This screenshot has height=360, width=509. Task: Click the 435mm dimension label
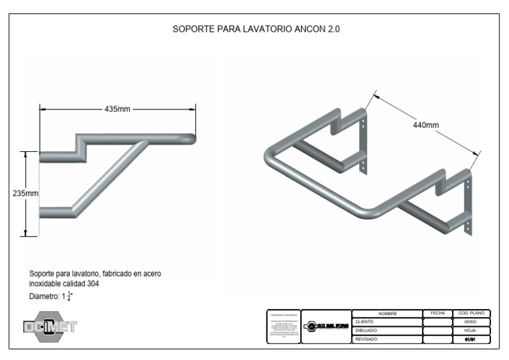coord(117,109)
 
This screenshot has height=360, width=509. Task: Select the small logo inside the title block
coord(326,327)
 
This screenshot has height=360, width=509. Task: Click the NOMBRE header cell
coord(386,312)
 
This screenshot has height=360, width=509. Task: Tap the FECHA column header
coord(437,312)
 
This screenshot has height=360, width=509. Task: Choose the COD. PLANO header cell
coord(472,312)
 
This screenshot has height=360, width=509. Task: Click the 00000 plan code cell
coord(472,321)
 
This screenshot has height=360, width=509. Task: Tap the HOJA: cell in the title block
coord(472,330)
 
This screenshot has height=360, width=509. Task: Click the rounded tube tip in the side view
coord(194,139)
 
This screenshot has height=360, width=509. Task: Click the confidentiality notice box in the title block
coord(283,326)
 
